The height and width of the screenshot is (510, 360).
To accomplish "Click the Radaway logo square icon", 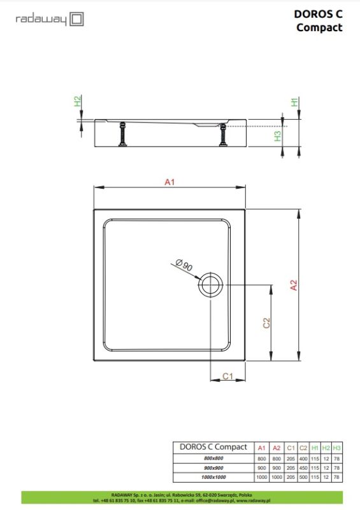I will tap(76, 20).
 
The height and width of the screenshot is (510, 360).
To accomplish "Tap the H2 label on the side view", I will tap(78, 101).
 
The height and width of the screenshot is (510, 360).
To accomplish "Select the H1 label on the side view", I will tap(294, 102).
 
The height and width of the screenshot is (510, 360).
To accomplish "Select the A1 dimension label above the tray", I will tap(169, 182).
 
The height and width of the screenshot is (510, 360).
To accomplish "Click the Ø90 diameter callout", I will tap(184, 265).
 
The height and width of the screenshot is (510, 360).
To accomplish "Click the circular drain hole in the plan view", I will tap(210, 284).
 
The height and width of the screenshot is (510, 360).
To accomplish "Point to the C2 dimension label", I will tap(267, 323).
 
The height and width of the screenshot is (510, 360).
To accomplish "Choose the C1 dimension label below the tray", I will tap(229, 376).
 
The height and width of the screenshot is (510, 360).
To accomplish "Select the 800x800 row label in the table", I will tap(213, 458).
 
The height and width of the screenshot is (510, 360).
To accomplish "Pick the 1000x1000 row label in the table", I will tap(213, 476).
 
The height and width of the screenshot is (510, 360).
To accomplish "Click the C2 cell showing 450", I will tap(303, 467).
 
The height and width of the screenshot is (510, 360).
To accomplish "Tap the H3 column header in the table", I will tap(337, 447).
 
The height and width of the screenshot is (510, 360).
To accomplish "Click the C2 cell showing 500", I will tap(303, 476).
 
